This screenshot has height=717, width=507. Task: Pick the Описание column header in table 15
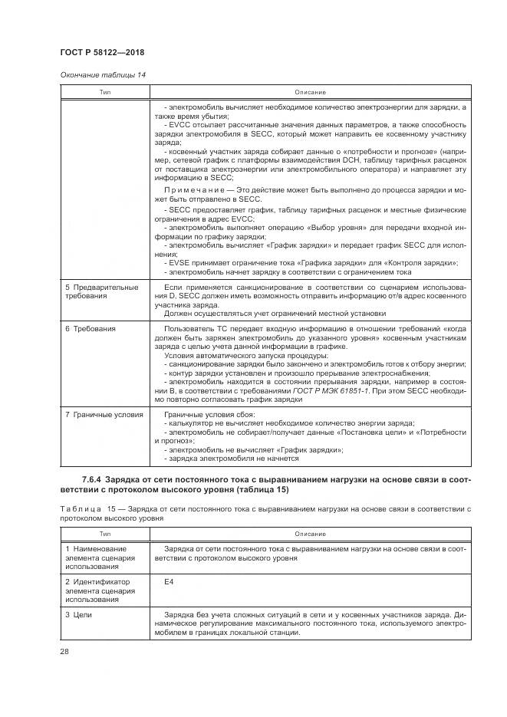309,533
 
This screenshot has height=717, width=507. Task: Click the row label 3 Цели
79,616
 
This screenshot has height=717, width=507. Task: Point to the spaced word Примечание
192,188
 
